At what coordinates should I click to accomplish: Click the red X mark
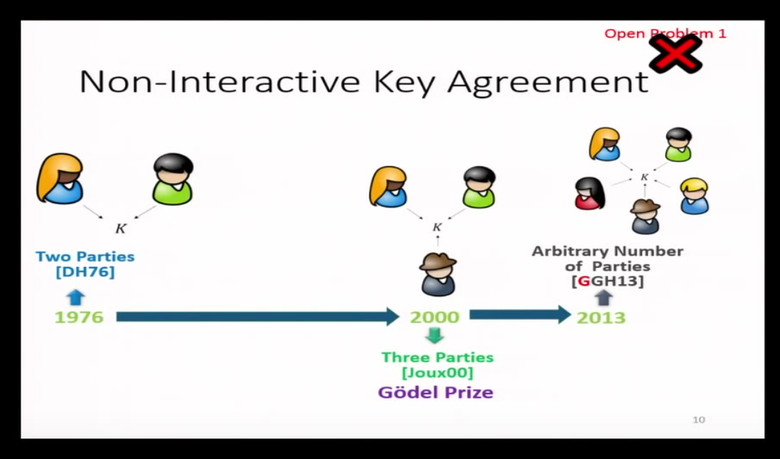(x=675, y=54)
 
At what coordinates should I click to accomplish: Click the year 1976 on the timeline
(x=79, y=317)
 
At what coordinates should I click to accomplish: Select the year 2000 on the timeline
(x=434, y=317)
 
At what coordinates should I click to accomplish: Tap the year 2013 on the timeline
(x=601, y=317)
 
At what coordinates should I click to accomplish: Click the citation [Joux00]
(x=437, y=372)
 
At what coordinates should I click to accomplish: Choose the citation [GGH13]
(x=607, y=281)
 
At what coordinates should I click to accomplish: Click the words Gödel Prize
(x=436, y=392)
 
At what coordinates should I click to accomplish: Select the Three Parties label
(x=437, y=357)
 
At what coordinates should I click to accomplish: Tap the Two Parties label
(x=85, y=256)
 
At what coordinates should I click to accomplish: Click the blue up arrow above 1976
(x=76, y=297)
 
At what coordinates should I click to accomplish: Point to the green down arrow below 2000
(x=434, y=335)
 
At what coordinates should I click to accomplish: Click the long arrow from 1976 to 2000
(x=257, y=316)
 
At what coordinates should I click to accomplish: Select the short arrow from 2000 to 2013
(x=520, y=315)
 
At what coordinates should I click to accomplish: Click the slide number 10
(x=698, y=420)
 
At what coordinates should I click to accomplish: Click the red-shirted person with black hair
(x=589, y=193)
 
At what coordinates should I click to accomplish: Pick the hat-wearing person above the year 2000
(x=438, y=274)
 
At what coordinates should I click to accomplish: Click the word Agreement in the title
(x=548, y=82)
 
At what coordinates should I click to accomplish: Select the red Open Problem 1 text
(x=665, y=33)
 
